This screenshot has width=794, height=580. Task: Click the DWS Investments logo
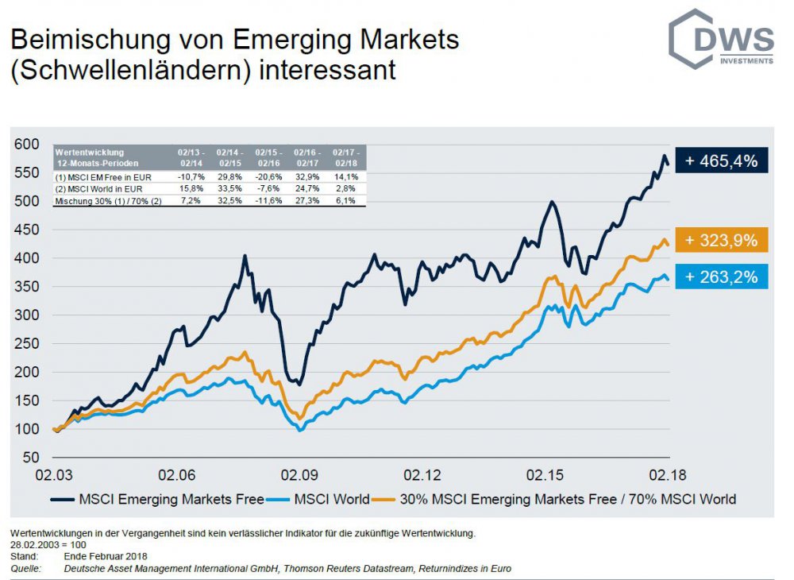720,40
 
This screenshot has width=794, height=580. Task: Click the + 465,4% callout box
721,160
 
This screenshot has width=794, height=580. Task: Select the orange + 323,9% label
721,239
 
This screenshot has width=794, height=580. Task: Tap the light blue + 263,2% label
721,277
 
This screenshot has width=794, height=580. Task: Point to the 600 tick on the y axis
26,144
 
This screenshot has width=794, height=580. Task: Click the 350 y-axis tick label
26,286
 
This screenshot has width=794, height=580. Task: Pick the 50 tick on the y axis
31,458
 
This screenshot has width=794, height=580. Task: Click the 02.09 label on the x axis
299,476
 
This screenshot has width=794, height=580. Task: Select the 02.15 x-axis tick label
545,476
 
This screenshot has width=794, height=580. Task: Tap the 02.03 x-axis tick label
53,476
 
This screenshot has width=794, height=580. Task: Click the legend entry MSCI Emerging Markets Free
160,499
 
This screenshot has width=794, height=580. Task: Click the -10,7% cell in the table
191,176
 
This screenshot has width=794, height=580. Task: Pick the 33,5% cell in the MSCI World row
229,189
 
